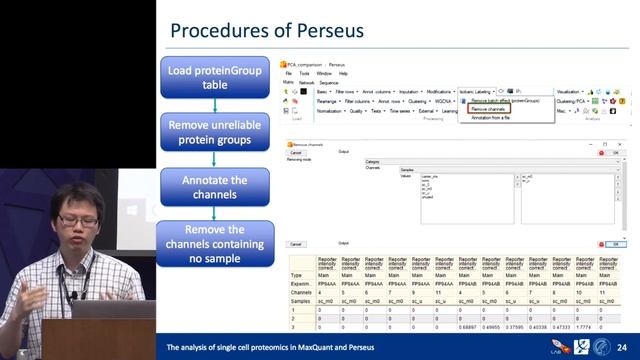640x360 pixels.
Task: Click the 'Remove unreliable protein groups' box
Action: [214, 133]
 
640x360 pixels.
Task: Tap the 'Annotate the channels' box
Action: [214, 187]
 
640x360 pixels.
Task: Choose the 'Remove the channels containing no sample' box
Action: [214, 243]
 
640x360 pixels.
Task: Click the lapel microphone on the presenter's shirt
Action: [72, 294]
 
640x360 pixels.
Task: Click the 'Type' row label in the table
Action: [296, 274]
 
